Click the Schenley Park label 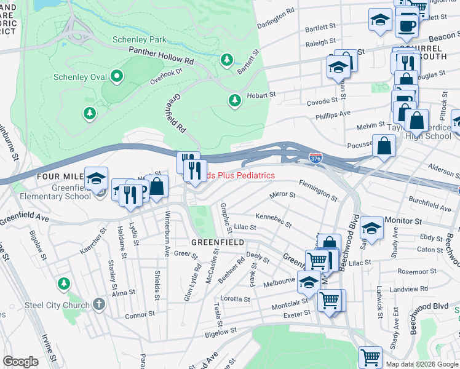[x=140, y=39]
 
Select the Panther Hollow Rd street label [x=161, y=58]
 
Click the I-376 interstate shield [x=315, y=159]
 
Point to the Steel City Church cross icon [x=99, y=304]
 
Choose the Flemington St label [x=317, y=189]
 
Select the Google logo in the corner [x=20, y=362]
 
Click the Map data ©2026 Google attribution [x=421, y=364]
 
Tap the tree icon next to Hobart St [x=234, y=100]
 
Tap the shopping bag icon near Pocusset [x=384, y=146]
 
